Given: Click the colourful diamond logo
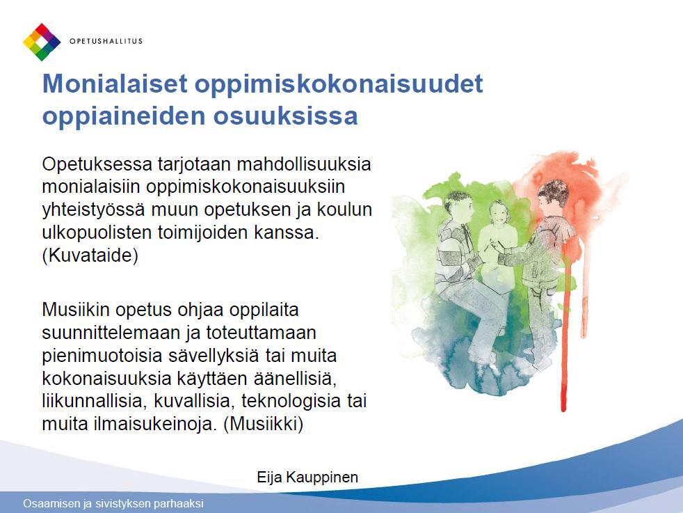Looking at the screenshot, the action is coord(42,42).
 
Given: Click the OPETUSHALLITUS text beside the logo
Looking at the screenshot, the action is coord(106,41).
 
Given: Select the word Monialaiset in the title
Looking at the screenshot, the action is coord(115,84).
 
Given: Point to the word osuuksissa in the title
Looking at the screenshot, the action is coord(285,116).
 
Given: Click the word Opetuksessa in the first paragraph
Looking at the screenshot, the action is coord(97,165).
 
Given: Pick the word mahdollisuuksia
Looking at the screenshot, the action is coord(304,164).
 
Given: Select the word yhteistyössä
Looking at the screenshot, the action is coord(94,210).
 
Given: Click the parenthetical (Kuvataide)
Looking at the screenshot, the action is coord(90,255).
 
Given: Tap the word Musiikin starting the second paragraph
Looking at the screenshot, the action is coord(77,310).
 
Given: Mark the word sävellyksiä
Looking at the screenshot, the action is coord(214,356).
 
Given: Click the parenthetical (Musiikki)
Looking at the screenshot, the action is coord(263,424).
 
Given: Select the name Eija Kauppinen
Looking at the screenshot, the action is coord(307,478).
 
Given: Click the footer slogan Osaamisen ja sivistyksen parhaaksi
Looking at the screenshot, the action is coord(113,503).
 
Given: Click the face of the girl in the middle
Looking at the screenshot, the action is coord(498,213).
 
